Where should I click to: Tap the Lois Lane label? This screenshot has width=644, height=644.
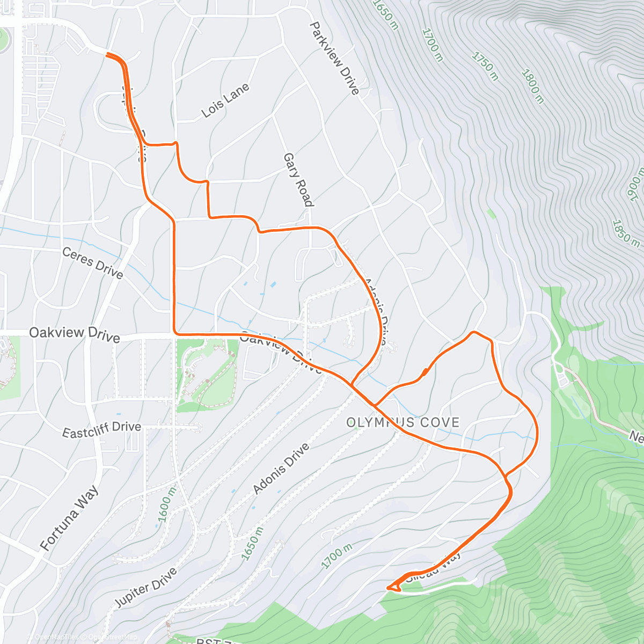tap(225, 100)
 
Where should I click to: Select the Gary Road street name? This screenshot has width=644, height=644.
tap(298, 180)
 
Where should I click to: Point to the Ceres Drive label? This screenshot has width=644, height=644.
tap(92, 263)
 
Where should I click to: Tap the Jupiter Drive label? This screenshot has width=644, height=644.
tap(145, 588)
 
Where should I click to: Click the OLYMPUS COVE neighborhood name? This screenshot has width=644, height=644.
tap(402, 422)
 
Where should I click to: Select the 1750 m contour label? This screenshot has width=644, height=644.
tap(485, 66)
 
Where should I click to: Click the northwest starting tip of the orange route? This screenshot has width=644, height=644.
tap(108, 54)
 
